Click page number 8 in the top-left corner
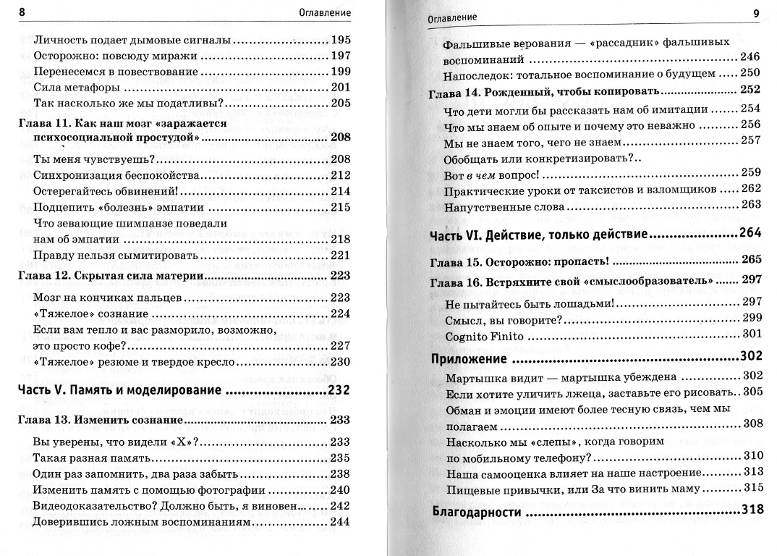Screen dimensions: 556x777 20,13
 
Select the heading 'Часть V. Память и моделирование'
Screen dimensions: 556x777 119,391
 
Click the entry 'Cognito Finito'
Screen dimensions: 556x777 484,334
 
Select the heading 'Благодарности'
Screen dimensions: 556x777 476,511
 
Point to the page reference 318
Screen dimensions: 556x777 752,510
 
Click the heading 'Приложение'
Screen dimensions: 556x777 468,358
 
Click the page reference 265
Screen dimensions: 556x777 752,258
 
